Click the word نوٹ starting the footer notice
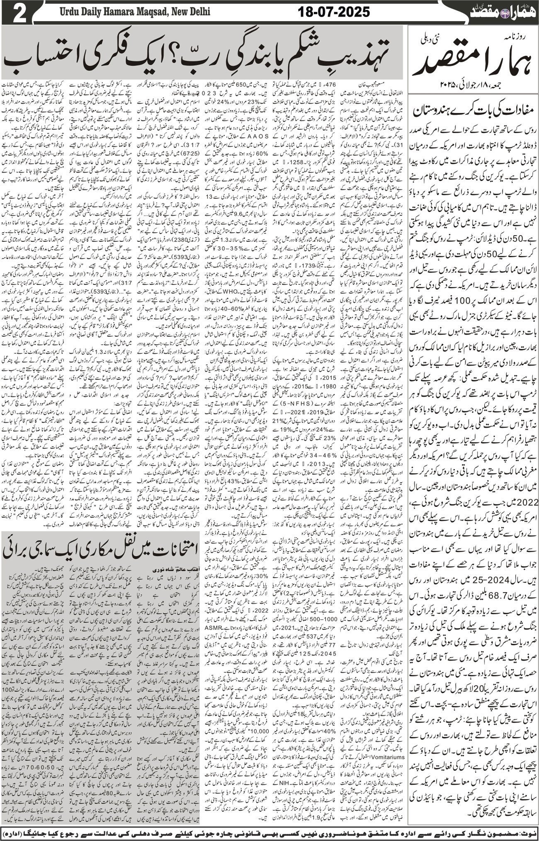click(527, 832)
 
